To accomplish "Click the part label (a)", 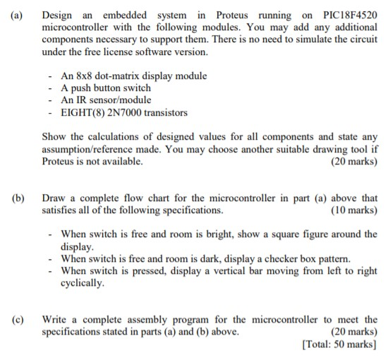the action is click(12, 13).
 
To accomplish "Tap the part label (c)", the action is click(12, 320).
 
